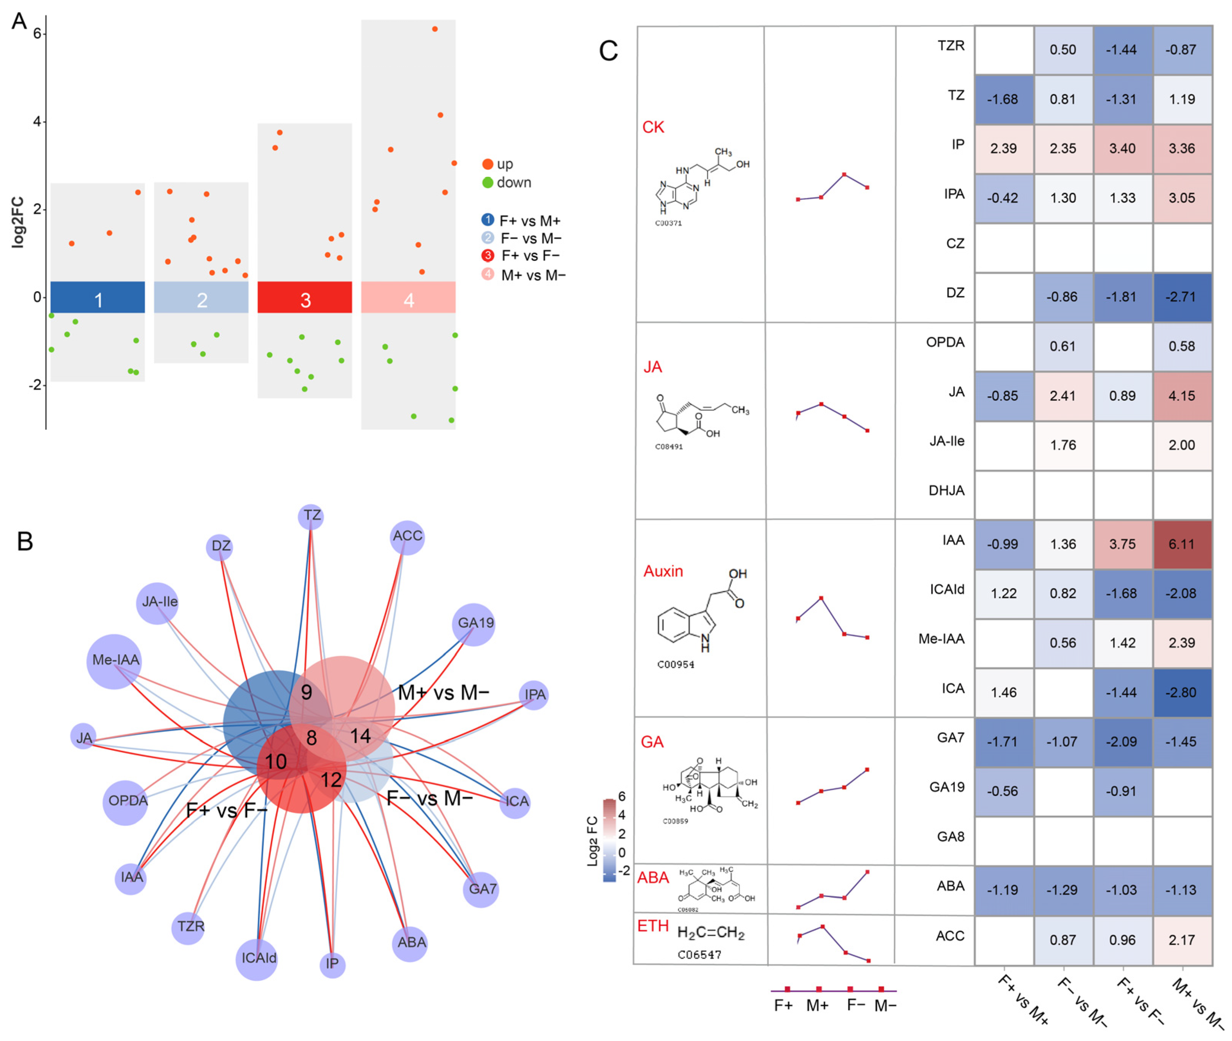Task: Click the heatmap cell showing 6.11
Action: (x=1181, y=544)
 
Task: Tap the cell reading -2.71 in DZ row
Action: (x=1181, y=297)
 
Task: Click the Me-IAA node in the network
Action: (x=115, y=661)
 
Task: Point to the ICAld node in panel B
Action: (x=257, y=958)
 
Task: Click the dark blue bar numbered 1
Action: (x=98, y=297)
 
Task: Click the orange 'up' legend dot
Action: (x=487, y=164)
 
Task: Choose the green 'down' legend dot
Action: (x=487, y=182)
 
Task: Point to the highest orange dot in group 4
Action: (x=435, y=29)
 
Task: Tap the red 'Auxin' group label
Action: (x=663, y=571)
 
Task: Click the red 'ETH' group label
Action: (x=653, y=926)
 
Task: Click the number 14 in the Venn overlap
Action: (x=361, y=736)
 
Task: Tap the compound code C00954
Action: (x=676, y=665)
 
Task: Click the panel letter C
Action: (x=608, y=51)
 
